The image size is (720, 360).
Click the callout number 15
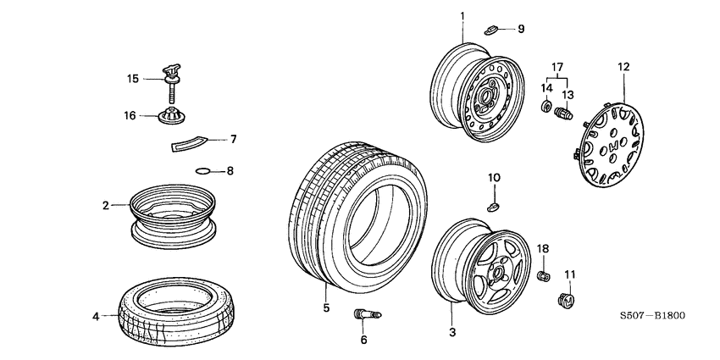pyautogui.click(x=132, y=79)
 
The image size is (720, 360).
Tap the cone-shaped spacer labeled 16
pyautogui.click(x=173, y=114)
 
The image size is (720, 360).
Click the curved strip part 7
pyautogui.click(x=188, y=141)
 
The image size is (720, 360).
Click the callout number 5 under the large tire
pyautogui.click(x=325, y=307)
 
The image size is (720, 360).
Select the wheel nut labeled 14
pyautogui.click(x=546, y=108)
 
